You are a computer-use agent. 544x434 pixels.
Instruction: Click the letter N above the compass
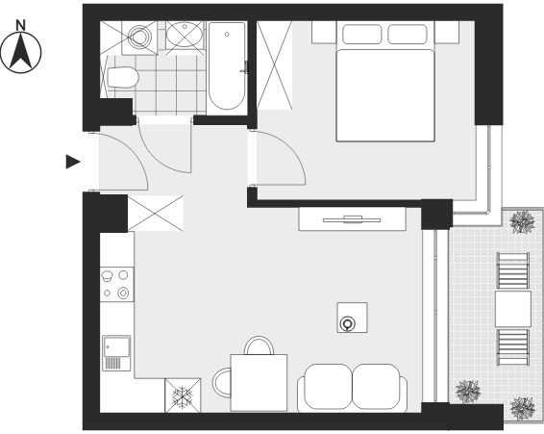click(21, 25)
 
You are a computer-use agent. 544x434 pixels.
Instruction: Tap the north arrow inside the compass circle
click(21, 51)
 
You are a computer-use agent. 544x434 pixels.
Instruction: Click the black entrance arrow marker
click(73, 162)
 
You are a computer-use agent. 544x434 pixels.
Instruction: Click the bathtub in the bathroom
click(227, 66)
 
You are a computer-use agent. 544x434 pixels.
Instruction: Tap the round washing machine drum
click(140, 36)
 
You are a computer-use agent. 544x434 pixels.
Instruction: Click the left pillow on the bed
click(361, 35)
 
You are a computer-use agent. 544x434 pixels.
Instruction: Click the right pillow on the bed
click(408, 35)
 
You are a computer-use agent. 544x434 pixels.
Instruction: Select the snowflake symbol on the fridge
click(183, 396)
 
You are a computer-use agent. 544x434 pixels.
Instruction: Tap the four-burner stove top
click(116, 284)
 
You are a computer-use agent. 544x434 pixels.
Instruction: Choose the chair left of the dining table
click(222, 383)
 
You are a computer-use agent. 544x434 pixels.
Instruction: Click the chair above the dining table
click(259, 345)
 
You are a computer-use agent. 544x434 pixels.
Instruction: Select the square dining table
click(259, 383)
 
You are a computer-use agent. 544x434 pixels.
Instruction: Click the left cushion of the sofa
click(328, 387)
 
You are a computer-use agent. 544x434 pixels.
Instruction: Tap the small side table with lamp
click(352, 318)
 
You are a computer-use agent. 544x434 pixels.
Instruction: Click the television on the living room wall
click(352, 219)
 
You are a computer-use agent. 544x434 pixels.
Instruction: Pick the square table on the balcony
click(513, 309)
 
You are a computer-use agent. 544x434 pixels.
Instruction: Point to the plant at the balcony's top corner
click(523, 221)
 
